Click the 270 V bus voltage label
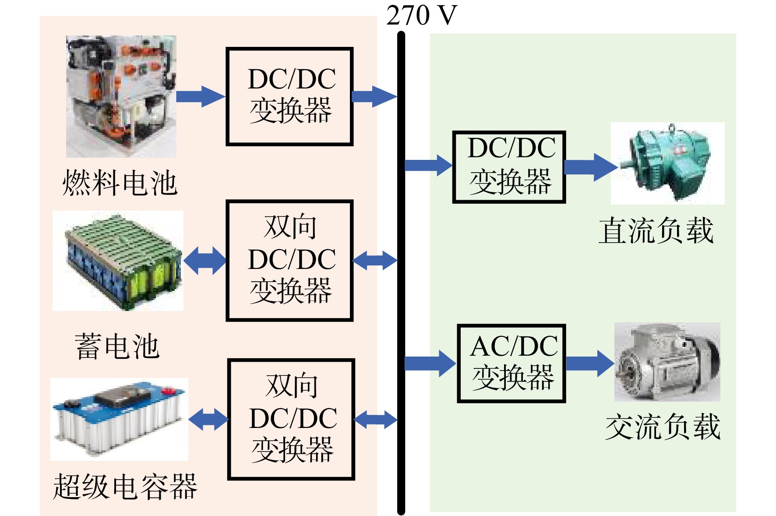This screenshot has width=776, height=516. tap(421, 15)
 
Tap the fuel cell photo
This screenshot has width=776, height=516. tap(121, 96)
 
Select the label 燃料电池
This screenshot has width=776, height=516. tap(120, 182)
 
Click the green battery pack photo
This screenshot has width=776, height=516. tap(118, 261)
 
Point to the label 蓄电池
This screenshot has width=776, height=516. tap(117, 346)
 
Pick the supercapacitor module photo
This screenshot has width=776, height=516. tap(119, 419)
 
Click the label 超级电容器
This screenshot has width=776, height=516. tap(125, 486)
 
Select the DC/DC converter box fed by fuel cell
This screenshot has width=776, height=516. tap(289, 96)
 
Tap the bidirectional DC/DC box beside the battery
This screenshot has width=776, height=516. tap(289, 261)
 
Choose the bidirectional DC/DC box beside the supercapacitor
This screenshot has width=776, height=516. tap(291, 420)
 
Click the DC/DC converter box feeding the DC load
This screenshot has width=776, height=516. tap(509, 167)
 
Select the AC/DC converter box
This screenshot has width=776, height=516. tap(511, 363)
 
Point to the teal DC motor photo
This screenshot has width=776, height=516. tap(668, 163)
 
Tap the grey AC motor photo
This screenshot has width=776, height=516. tap(667, 362)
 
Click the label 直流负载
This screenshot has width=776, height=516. tap(656, 230)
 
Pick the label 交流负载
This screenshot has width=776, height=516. tap(663, 427)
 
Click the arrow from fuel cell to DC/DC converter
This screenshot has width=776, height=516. tap(201, 96)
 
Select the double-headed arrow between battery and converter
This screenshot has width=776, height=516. tap(205, 261)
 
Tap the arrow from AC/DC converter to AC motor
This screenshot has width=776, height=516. tap(590, 363)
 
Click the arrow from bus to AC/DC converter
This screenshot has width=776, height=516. tap(430, 363)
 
